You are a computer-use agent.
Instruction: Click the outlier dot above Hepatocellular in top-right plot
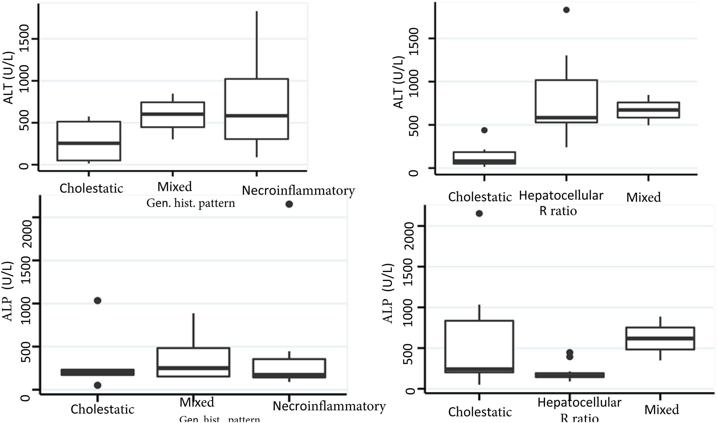[x=566, y=10]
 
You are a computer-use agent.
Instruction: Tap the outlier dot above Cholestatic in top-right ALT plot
[x=484, y=130]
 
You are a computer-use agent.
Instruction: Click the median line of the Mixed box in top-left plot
[x=173, y=114]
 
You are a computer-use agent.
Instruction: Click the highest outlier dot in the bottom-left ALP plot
[x=289, y=204]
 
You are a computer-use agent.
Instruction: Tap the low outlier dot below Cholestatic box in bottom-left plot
[x=98, y=385]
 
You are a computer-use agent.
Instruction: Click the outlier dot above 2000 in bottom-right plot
[x=479, y=213]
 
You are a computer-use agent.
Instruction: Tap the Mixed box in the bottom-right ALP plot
[x=660, y=338]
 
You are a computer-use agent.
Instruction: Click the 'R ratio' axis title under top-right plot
[x=558, y=211]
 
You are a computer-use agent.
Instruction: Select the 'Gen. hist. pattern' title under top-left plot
[x=190, y=203]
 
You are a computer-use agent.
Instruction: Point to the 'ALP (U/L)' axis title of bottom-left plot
[x=9, y=292]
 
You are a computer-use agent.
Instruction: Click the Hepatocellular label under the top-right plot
[x=561, y=196]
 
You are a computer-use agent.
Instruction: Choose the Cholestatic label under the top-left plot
[x=91, y=188]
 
